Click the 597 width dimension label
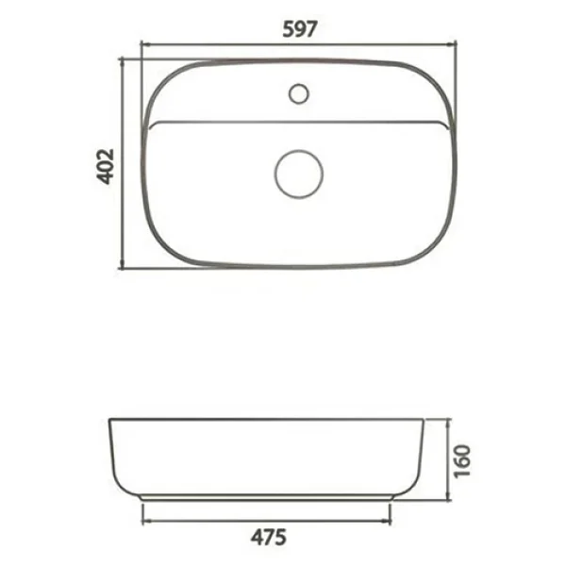point(300,29)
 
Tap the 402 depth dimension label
point(106,166)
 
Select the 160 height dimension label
point(462,461)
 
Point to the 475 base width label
point(269,538)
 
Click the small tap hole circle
point(299,93)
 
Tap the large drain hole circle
point(299,174)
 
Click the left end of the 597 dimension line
point(141,44)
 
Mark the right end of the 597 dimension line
point(457,44)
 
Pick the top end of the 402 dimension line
point(122,58)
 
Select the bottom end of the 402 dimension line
point(122,268)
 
